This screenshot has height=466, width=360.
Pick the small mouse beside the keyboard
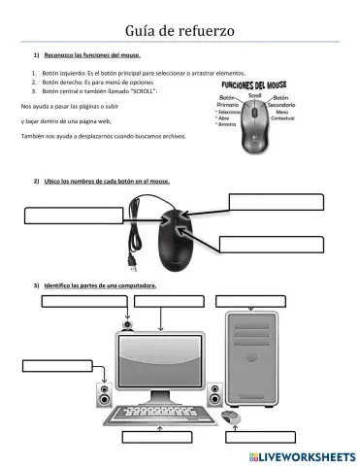231,417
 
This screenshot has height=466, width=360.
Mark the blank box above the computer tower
254,300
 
